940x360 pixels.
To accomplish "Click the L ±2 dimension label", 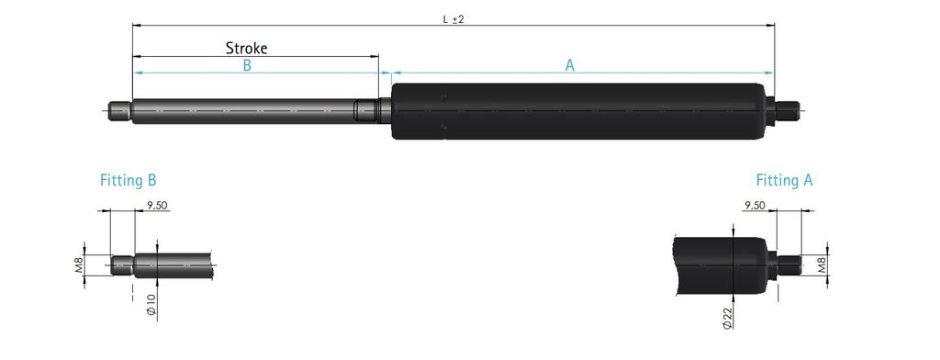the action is click(x=453, y=19).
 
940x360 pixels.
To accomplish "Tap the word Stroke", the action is click(x=246, y=48).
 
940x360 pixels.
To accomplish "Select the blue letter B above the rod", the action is click(x=247, y=66).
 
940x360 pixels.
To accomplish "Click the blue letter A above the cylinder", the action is click(x=569, y=66).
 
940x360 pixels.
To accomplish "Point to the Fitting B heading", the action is click(x=129, y=180).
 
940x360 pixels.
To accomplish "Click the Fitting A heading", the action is click(x=784, y=180).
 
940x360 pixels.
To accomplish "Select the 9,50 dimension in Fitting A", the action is click(x=755, y=205).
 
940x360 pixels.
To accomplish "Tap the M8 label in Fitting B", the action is click(x=79, y=265).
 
